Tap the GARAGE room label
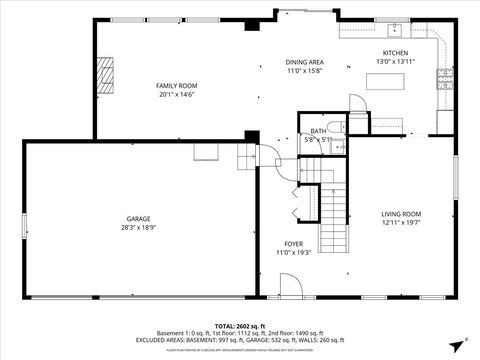138,218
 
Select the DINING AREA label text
304,62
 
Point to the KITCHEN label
395,53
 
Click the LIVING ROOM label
400,213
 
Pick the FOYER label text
293,243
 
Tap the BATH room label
318,131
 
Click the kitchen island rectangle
385,82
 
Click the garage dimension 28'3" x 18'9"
138,227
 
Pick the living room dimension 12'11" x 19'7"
400,223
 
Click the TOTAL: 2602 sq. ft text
239,326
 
